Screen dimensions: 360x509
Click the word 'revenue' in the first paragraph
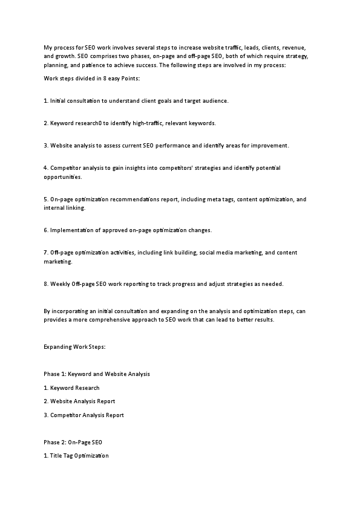tap(281, 47)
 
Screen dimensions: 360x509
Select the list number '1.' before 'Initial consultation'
tap(46, 101)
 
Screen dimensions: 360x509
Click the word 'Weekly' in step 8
tap(60, 284)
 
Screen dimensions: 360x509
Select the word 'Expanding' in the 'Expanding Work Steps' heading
tap(57, 348)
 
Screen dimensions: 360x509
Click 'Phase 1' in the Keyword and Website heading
tap(54, 374)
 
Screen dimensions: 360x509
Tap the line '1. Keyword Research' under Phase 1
tap(71, 388)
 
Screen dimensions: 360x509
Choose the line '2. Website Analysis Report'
tap(79, 401)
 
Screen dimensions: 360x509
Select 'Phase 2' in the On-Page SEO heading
tap(54, 442)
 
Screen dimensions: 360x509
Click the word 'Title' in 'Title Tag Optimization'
tap(56, 455)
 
